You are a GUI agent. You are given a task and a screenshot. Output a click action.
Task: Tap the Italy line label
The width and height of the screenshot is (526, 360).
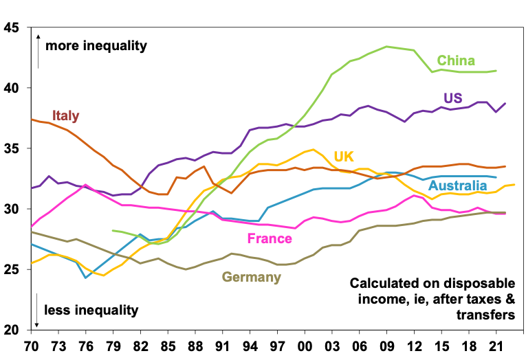[x=66, y=115]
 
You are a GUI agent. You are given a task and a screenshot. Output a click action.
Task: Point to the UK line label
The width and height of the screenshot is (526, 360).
[x=344, y=156]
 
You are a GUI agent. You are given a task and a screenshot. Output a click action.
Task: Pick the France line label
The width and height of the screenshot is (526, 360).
[x=270, y=238]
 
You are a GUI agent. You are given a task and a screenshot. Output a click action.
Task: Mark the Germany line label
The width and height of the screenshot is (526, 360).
[x=251, y=278]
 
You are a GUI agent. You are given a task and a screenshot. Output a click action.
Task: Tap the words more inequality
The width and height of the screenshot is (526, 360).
[x=96, y=47]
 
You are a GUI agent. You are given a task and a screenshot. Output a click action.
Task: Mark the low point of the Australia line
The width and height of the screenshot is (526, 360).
[x=85, y=278]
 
